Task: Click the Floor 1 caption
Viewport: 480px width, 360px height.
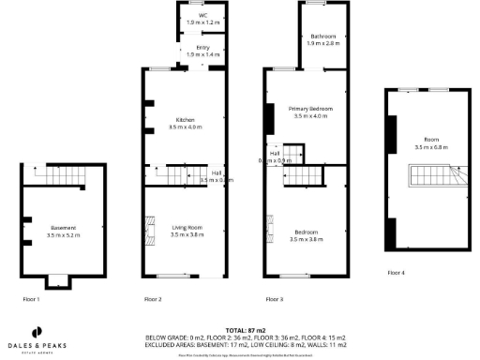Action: tap(32, 298)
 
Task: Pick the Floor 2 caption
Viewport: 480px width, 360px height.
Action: tap(153, 298)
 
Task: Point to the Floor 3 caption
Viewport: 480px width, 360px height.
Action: tap(274, 298)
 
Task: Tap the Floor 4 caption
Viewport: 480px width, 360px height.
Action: tap(396, 273)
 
